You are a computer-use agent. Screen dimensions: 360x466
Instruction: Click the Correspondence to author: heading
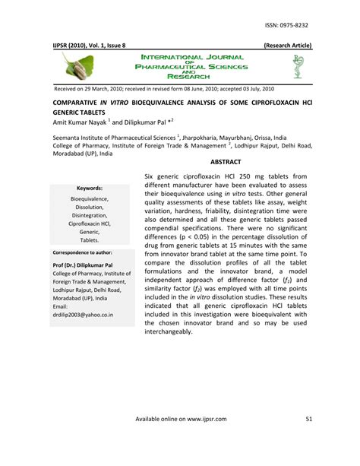coord(82,251)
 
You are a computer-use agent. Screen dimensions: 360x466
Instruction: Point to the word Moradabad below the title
coord(71,152)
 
